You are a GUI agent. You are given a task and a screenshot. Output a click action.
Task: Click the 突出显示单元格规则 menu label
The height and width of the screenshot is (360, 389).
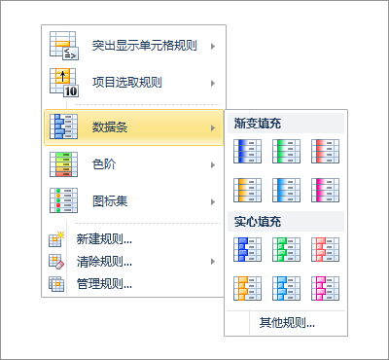click(x=144, y=45)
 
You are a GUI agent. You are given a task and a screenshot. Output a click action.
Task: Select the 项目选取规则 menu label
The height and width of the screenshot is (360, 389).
click(x=126, y=83)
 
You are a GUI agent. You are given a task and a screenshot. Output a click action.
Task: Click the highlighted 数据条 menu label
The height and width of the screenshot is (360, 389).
click(x=110, y=126)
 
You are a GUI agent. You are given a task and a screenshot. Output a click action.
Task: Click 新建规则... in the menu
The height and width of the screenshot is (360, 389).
click(x=104, y=238)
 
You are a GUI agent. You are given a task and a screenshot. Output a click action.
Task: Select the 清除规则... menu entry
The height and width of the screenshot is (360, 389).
click(x=104, y=261)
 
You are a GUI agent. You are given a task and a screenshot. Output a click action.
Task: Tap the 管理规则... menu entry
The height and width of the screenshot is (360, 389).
click(x=104, y=283)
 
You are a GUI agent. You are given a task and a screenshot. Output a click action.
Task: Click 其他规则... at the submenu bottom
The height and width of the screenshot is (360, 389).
click(x=286, y=322)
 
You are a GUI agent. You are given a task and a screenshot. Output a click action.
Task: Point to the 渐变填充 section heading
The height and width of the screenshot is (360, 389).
click(x=258, y=124)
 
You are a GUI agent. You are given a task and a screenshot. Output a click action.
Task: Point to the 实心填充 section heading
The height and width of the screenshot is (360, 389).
click(x=258, y=221)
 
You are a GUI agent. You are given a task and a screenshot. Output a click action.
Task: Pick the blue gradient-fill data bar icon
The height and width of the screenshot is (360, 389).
click(x=247, y=151)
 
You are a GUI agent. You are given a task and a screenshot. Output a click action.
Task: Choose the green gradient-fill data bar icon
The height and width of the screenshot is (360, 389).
click(x=286, y=151)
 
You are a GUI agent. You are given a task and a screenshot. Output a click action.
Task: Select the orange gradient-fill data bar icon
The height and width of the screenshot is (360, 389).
click(x=247, y=189)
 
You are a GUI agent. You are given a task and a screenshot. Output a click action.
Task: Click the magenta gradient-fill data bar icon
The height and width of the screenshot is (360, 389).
click(x=325, y=189)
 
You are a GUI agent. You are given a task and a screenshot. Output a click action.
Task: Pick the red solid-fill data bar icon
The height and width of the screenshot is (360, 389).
click(x=325, y=249)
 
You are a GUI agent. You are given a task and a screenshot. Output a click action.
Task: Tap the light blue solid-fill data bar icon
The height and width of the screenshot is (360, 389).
click(x=286, y=287)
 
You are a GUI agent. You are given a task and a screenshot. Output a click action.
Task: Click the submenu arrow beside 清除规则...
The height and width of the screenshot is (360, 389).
click(x=213, y=261)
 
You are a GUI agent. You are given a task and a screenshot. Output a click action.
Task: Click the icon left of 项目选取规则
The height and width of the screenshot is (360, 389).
click(x=63, y=83)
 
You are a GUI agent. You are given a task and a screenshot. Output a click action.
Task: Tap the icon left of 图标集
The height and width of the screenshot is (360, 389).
click(x=63, y=201)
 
